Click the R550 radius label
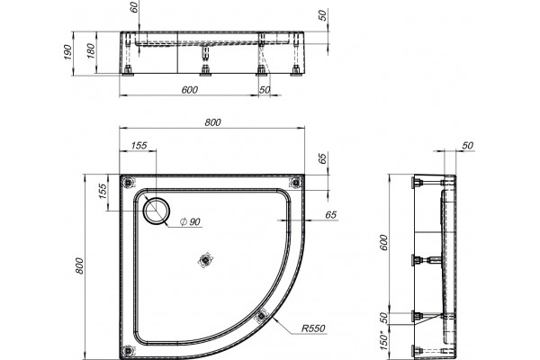tap(313, 328)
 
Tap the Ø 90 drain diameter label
tap(190, 222)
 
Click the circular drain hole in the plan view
tap(157, 211)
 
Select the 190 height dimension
tap(67, 52)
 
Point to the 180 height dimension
tap(91, 51)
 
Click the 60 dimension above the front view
tap(134, 7)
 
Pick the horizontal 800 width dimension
tap(212, 122)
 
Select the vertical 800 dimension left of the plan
tap(79, 265)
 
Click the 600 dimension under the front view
tap(189, 90)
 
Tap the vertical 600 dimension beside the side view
tap(383, 242)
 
